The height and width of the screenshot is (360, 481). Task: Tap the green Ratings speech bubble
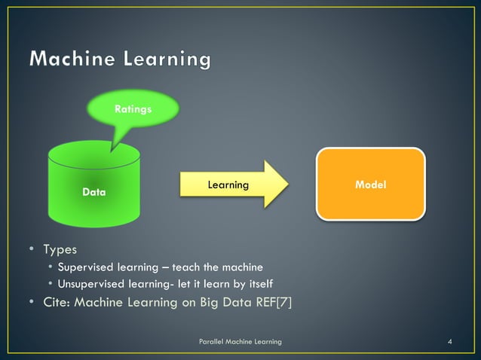[x=133, y=110]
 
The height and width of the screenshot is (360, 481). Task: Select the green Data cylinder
[x=94, y=188]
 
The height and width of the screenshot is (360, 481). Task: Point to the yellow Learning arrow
[x=227, y=185]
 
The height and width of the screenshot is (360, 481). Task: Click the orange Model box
[x=370, y=185]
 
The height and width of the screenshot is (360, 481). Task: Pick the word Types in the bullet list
[x=60, y=249]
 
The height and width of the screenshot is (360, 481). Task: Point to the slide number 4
[x=450, y=343]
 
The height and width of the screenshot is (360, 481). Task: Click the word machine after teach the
[x=242, y=267]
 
